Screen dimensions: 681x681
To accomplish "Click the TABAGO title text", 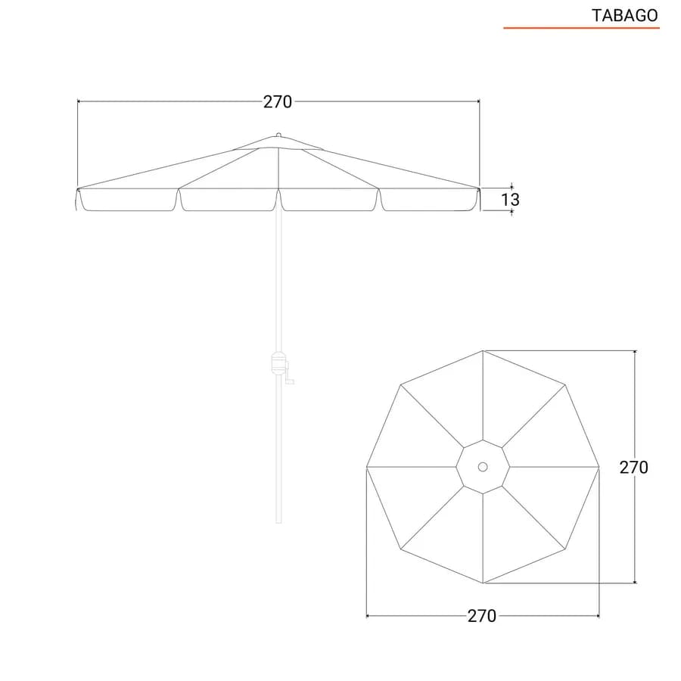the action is coord(624,16).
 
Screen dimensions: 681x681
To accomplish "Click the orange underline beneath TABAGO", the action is coord(581,28).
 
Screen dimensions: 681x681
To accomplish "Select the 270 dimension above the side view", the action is coord(278,102).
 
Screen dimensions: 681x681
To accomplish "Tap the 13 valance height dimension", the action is coord(510,200).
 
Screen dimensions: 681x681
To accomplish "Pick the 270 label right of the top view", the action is coord(633,468).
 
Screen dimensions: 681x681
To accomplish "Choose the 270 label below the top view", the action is coord(482,616).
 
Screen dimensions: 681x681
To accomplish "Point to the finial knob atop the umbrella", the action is coord(278,135).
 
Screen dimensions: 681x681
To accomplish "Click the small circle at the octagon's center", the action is coord(483,467).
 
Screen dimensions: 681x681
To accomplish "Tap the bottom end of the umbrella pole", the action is coord(278,522).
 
